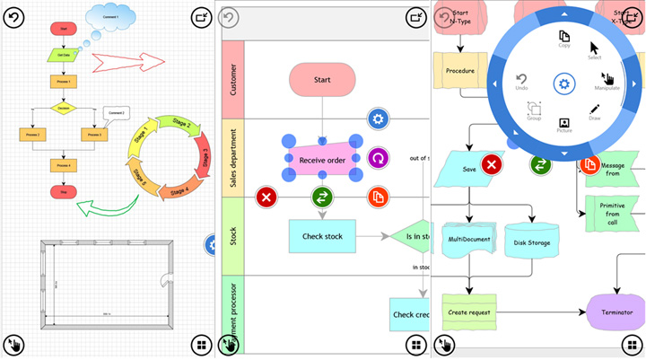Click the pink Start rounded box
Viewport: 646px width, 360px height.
tap(322, 80)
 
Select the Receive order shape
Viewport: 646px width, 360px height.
tap(322, 160)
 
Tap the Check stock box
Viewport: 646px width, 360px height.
tap(322, 236)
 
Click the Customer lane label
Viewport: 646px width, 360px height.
tap(231, 79)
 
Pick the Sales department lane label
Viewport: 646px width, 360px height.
tap(231, 158)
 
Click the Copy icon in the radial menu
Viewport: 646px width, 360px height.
tap(564, 39)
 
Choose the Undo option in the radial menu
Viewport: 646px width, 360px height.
tap(521, 83)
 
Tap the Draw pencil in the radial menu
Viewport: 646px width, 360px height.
tap(595, 112)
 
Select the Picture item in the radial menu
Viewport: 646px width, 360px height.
tap(564, 125)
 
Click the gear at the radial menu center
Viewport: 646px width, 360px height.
tap(563, 83)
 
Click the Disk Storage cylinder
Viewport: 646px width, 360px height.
tap(532, 240)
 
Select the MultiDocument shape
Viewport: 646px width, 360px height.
tap(469, 239)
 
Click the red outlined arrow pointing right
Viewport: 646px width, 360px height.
tap(130, 63)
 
